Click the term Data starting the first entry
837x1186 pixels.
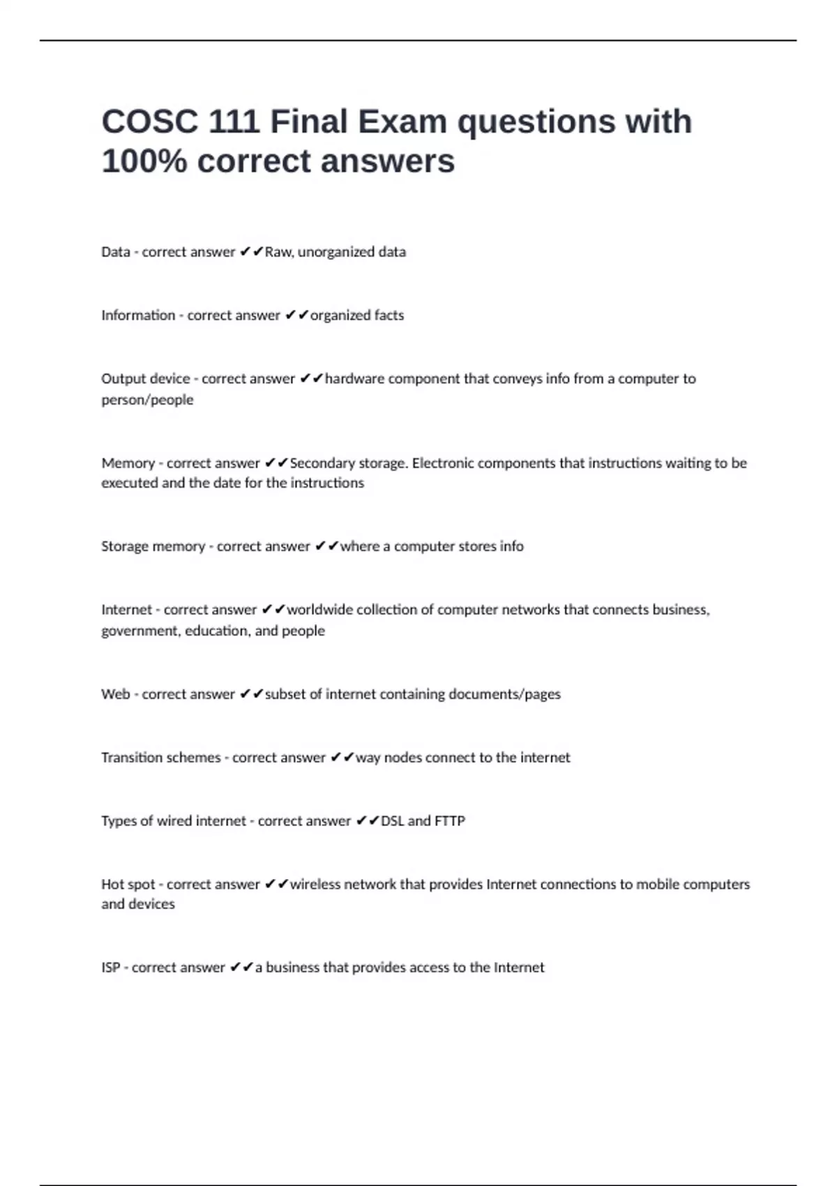pos(115,252)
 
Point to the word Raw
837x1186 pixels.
pos(278,252)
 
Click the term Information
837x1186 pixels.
pos(138,315)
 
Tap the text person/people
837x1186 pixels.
pos(147,400)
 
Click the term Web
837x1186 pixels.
pos(115,694)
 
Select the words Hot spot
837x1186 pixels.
pos(128,885)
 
